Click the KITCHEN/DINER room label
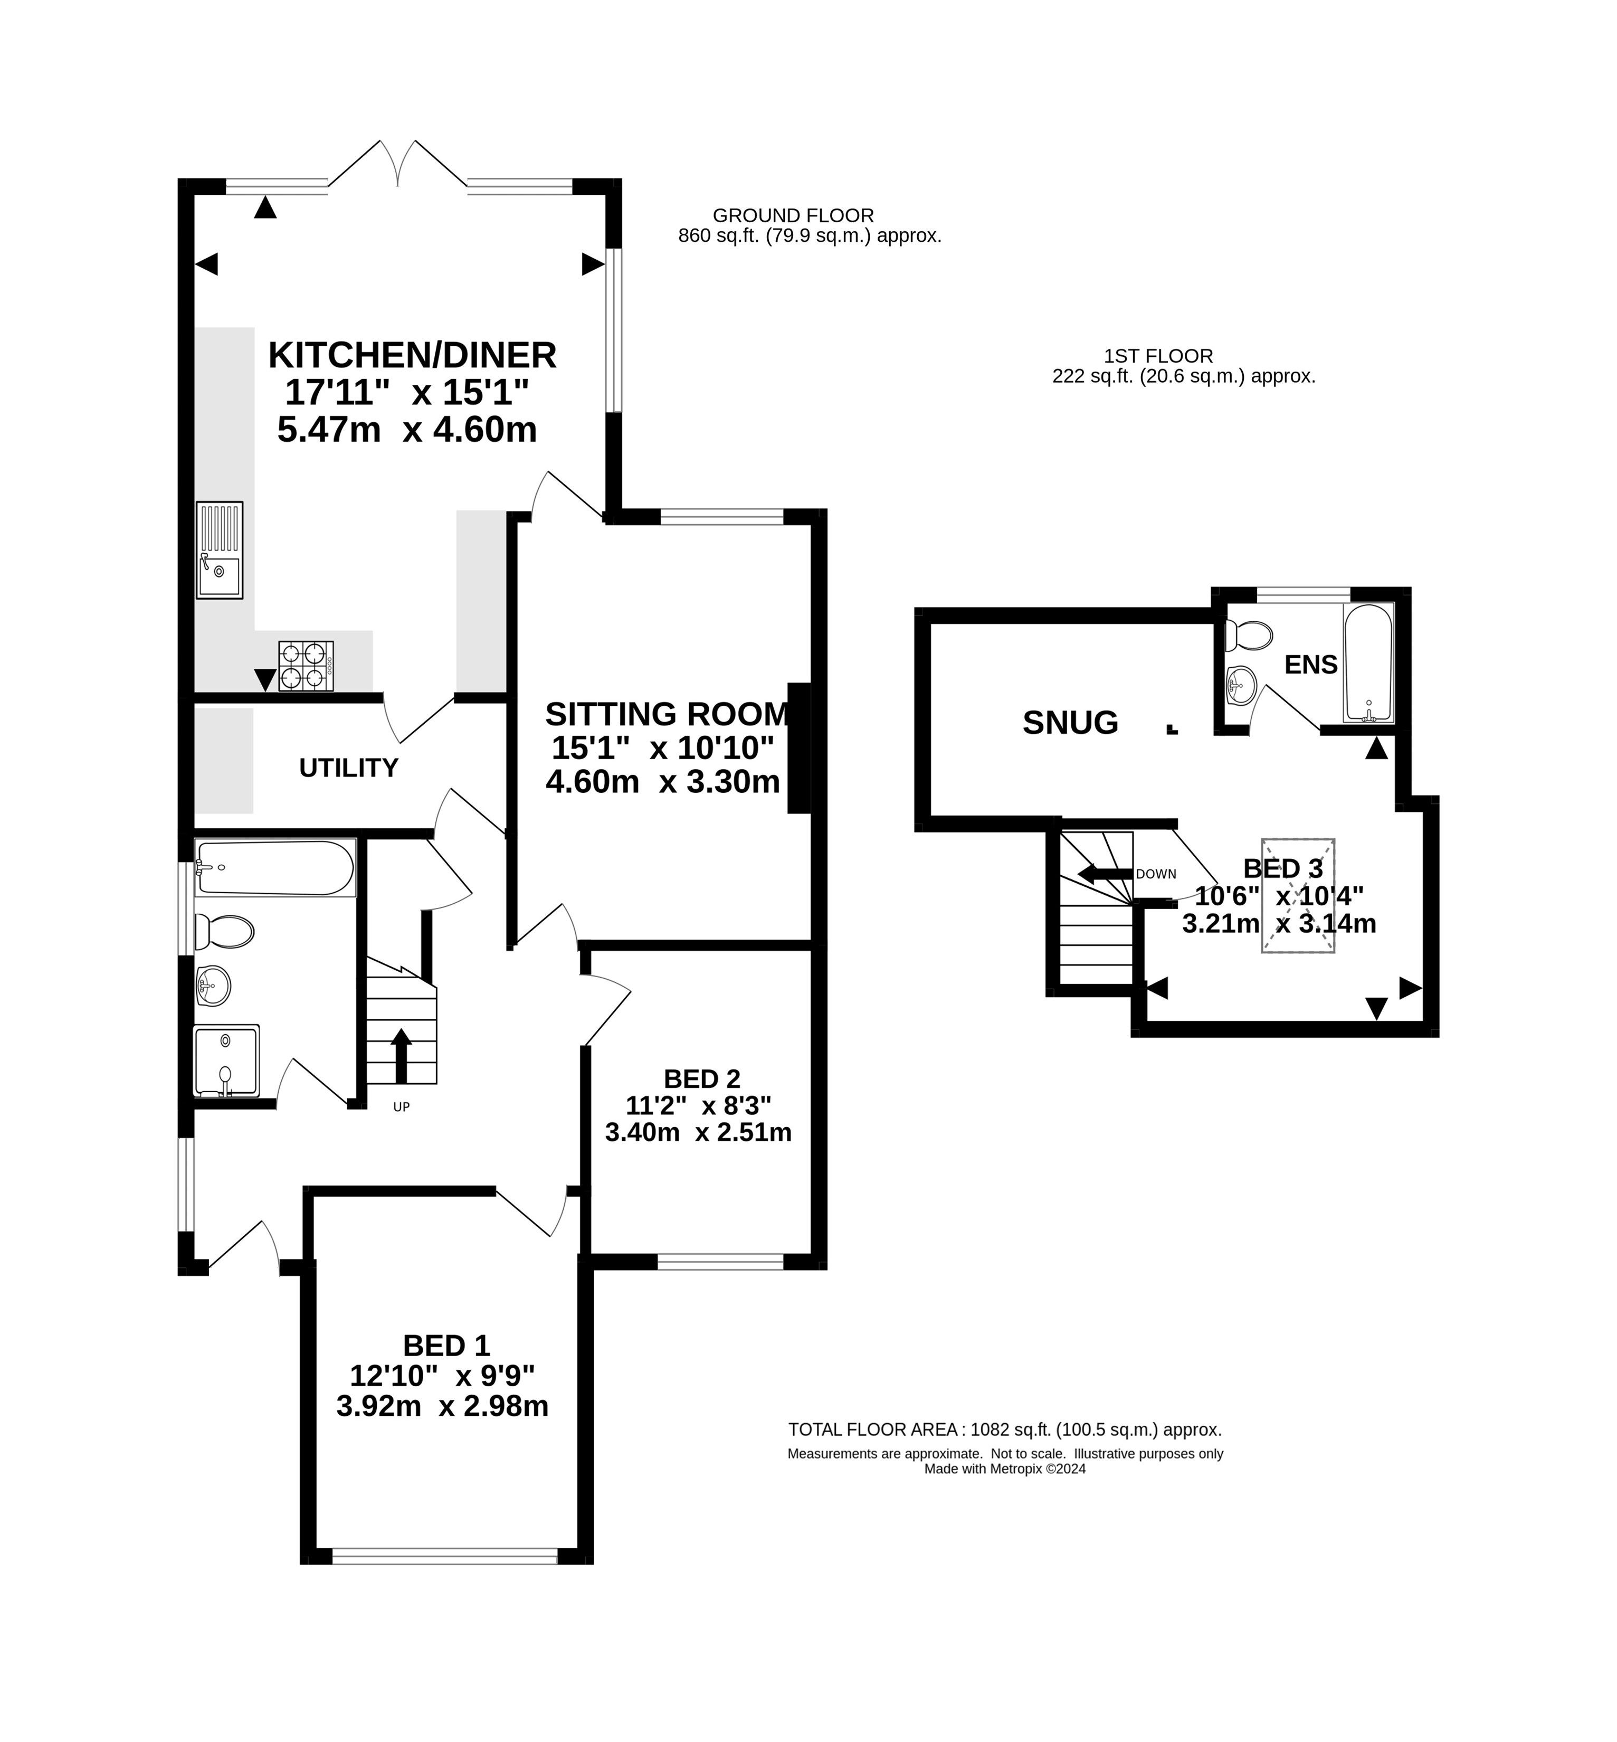click(412, 355)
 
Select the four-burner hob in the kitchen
click(306, 666)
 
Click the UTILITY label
click(348, 768)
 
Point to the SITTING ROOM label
click(667, 714)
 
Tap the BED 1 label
click(446, 1345)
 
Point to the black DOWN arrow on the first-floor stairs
click(1104, 874)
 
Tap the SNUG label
click(1070, 722)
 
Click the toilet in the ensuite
click(1249, 635)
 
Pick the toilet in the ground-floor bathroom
click(224, 931)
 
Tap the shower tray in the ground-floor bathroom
click(226, 1060)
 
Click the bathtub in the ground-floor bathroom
click(275, 867)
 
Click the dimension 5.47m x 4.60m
click(407, 430)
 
